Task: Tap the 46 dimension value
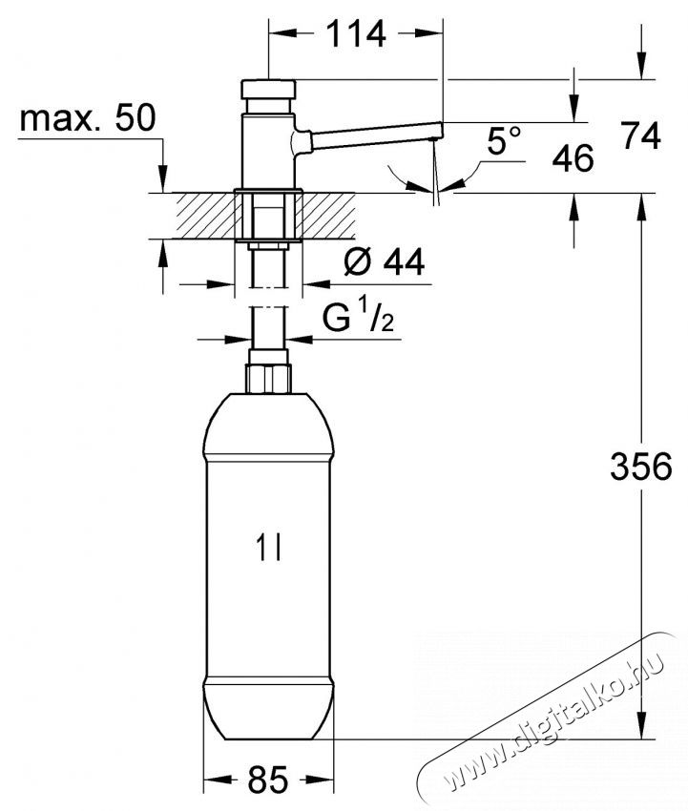pyautogui.click(x=573, y=157)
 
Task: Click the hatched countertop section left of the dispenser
pyautogui.click(x=197, y=215)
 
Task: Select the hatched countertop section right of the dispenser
pyautogui.click(x=329, y=215)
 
